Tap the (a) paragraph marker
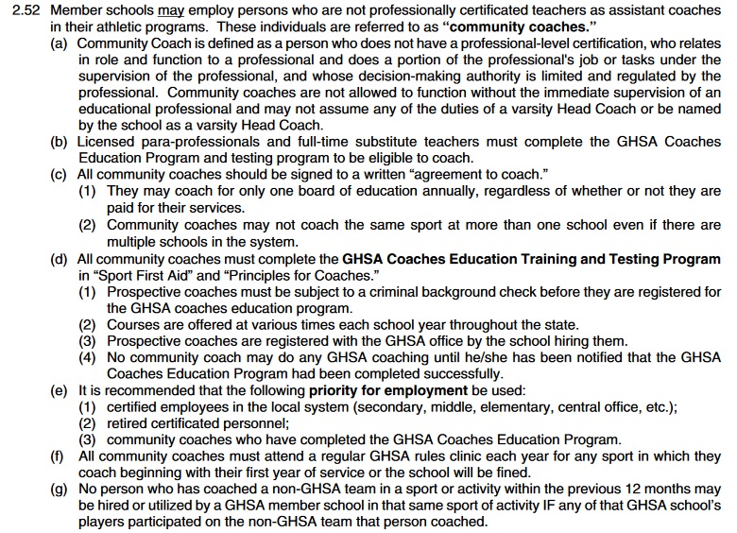(x=60, y=43)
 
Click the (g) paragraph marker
(x=60, y=490)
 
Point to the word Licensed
(x=106, y=142)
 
